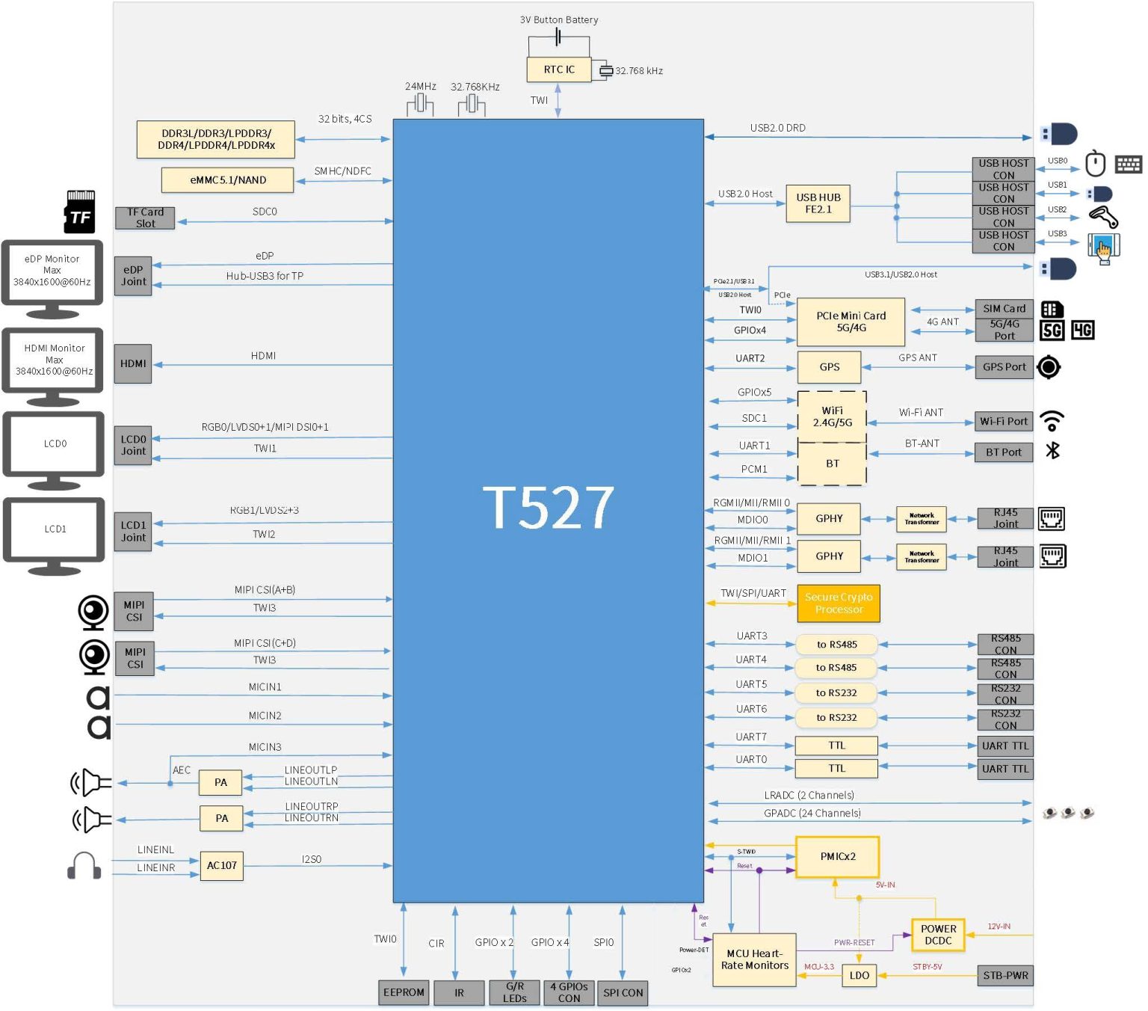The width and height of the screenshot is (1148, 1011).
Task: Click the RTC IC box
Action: tap(558, 70)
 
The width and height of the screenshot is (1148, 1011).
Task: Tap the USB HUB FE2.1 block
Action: tap(818, 203)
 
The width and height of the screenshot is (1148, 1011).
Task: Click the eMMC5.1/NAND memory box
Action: tap(227, 180)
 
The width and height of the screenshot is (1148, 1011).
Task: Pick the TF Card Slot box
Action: tap(145, 218)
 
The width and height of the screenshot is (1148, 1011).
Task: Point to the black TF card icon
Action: tap(80, 212)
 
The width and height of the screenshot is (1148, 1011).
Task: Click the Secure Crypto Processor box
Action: tap(838, 603)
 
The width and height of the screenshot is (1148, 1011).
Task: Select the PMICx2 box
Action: tap(837, 857)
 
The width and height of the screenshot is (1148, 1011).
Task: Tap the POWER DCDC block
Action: tap(938, 935)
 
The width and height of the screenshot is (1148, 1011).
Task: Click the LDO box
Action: tap(859, 975)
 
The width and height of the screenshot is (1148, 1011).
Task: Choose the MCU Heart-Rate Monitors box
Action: tap(754, 959)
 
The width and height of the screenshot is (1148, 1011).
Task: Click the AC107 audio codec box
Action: tap(221, 866)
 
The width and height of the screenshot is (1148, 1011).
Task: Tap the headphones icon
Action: tap(84, 866)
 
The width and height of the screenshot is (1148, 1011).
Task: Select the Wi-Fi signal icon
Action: tap(1052, 421)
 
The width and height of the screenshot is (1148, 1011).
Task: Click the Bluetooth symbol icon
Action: tap(1052, 450)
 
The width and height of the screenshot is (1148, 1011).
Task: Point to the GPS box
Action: tap(829, 367)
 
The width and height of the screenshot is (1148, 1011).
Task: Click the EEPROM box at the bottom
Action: tap(404, 992)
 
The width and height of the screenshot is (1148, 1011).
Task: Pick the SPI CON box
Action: tap(623, 993)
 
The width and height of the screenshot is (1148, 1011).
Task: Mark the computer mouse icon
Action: tap(1095, 163)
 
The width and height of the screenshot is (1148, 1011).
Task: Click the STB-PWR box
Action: tap(1005, 975)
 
